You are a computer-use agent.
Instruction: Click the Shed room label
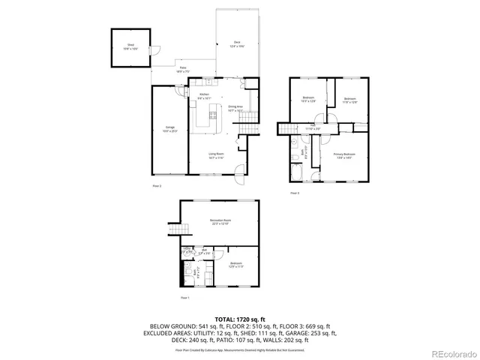pyautogui.click(x=130, y=46)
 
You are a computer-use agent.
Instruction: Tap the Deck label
pyautogui.click(x=236, y=46)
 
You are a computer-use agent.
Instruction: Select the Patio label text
pyautogui.click(x=183, y=70)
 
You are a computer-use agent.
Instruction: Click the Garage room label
pyautogui.click(x=170, y=129)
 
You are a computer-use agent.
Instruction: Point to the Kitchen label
pyautogui.click(x=204, y=96)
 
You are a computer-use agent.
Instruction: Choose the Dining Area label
pyautogui.click(x=235, y=108)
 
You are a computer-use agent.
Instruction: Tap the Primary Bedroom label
pyautogui.click(x=344, y=155)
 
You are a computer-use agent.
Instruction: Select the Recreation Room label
pyautogui.click(x=220, y=222)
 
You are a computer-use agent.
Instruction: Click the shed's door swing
pyautogui.click(x=155, y=50)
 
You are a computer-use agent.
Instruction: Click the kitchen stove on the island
pyautogui.click(x=200, y=116)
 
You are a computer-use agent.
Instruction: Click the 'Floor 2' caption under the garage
pyautogui.click(x=157, y=184)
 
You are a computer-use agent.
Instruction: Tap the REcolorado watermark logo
pyautogui.click(x=451, y=353)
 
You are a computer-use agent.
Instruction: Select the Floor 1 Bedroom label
pyautogui.click(x=235, y=264)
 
